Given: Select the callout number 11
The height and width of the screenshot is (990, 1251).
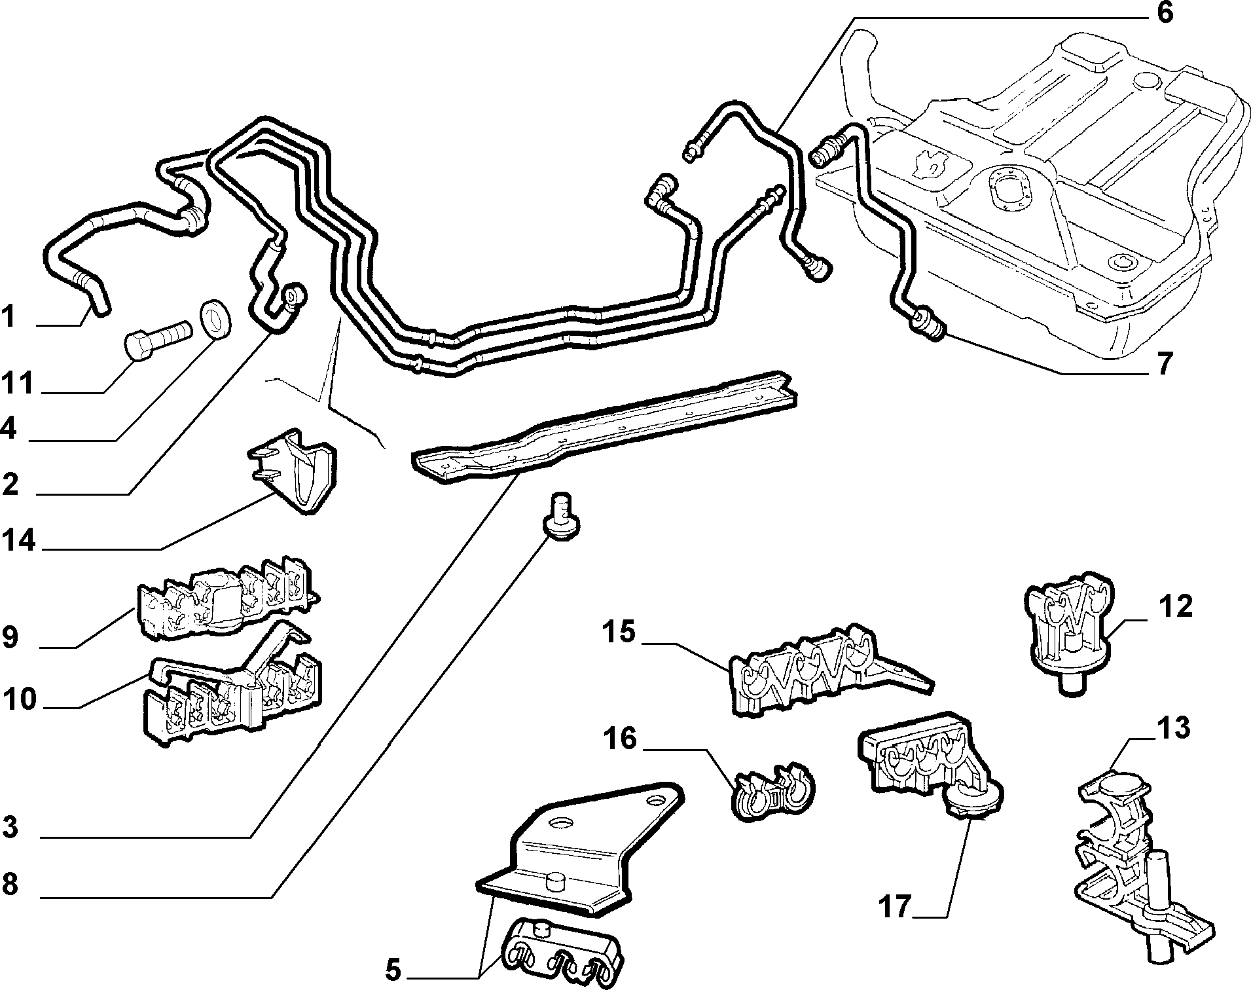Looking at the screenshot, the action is [18, 383].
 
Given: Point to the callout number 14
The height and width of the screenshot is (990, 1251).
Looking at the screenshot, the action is [18, 541].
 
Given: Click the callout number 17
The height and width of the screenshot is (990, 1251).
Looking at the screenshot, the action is [895, 907].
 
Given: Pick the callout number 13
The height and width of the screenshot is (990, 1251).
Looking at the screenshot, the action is [1173, 728].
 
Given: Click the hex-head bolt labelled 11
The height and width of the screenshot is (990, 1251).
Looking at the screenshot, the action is [158, 338].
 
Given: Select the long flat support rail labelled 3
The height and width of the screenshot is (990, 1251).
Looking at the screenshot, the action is [606, 428].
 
